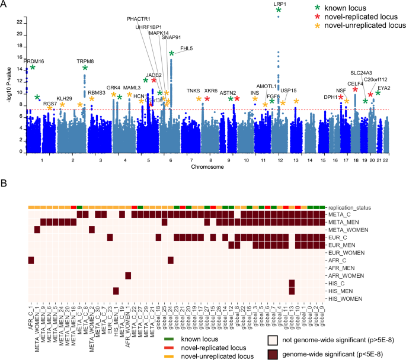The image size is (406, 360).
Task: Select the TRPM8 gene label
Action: coord(85,62)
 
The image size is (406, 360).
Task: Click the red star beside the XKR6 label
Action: coord(207,99)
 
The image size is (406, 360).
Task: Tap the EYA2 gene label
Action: coord(384,88)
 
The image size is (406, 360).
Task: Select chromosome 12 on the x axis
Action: coord(279,160)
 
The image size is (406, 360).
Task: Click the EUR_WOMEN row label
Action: coord(346,252)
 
